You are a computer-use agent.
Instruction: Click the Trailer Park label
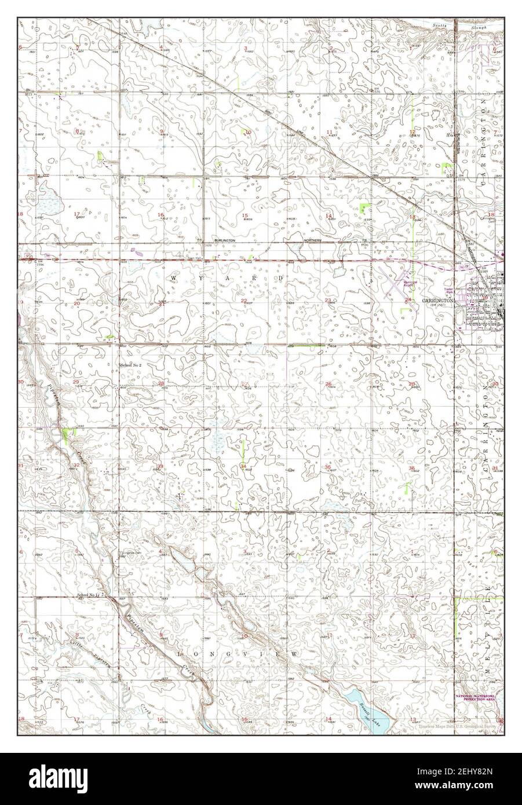[x=448, y=290]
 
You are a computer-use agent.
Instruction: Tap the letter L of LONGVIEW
[x=179, y=653]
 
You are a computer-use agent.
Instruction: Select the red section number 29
[x=76, y=383]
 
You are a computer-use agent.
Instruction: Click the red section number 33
[x=159, y=467]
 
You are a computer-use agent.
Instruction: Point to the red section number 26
[x=328, y=384]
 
